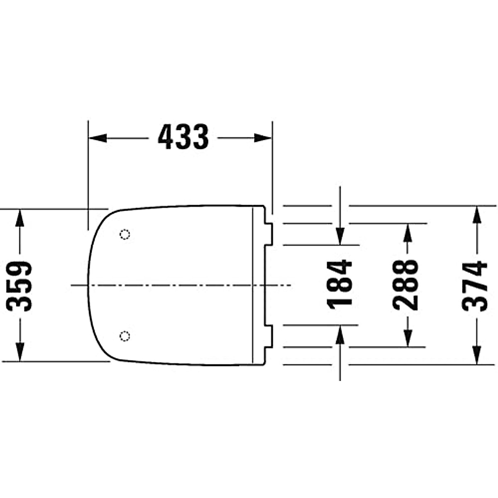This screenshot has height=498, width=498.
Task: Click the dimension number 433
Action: pyautogui.click(x=183, y=138)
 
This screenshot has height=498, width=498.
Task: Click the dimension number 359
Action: pyautogui.click(x=20, y=286)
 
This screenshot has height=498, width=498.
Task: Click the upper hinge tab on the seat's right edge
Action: pyautogui.click(x=269, y=234)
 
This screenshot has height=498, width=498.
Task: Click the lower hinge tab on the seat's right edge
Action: pyautogui.click(x=269, y=336)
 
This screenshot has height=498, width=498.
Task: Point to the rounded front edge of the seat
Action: pyautogui.click(x=88, y=286)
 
